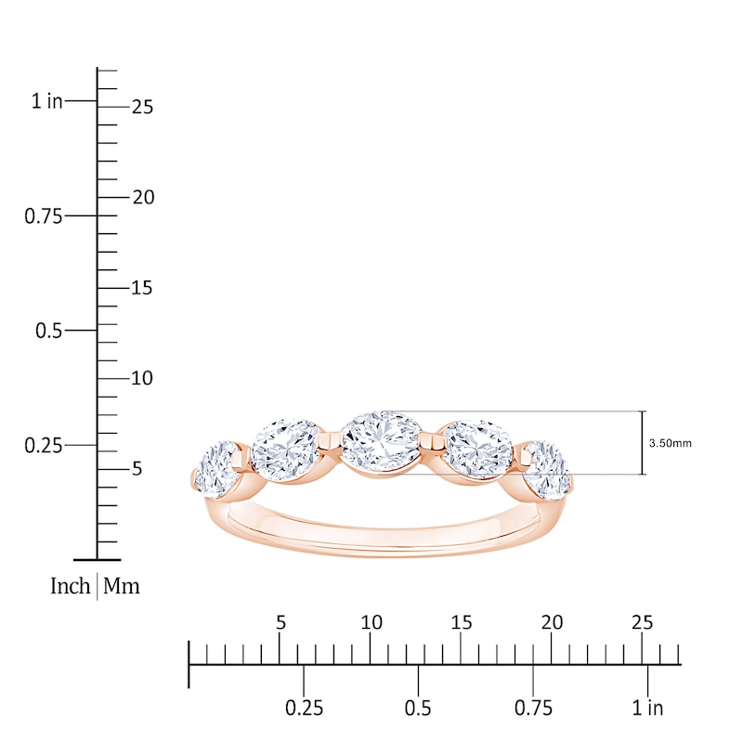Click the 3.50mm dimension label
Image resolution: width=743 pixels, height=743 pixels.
click(x=670, y=444)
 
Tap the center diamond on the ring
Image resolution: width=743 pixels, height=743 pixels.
click(x=382, y=445)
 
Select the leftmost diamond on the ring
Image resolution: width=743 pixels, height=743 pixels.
click(x=216, y=471)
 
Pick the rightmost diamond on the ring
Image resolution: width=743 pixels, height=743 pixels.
click(x=547, y=471)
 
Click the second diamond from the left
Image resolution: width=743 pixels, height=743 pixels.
click(x=285, y=450)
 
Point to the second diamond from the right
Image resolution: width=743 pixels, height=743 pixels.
click(x=478, y=450)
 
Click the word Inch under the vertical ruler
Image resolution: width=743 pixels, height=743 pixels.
click(x=71, y=586)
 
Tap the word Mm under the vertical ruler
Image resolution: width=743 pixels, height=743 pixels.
click(x=122, y=586)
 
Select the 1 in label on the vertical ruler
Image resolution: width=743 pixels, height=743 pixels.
click(x=47, y=101)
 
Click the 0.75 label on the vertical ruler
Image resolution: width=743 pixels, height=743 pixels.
click(x=43, y=216)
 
